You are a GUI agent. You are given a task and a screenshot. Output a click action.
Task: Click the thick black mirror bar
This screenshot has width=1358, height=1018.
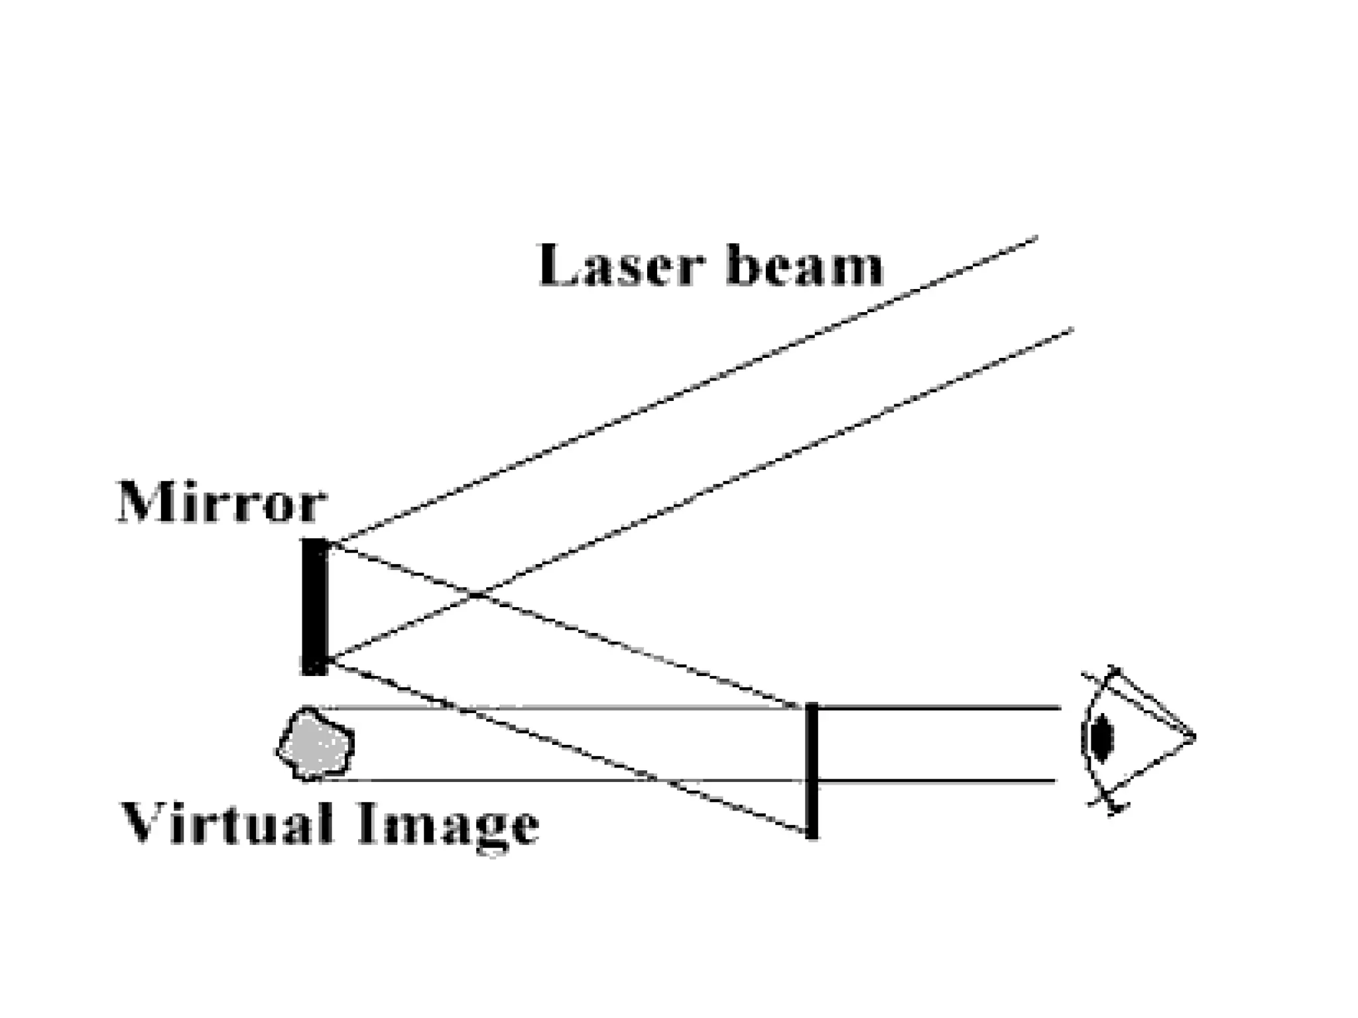pyautogui.click(x=315, y=606)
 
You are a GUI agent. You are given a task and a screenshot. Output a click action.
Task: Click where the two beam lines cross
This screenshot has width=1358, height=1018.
pyautogui.click(x=476, y=595)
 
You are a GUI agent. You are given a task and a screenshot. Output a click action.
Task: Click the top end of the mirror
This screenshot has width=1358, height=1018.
pyautogui.click(x=315, y=541)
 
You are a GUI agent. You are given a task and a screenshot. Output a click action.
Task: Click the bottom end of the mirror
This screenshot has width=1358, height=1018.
pyautogui.click(x=315, y=672)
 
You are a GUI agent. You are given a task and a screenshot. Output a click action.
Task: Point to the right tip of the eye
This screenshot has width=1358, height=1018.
pyautogui.click(x=1194, y=736)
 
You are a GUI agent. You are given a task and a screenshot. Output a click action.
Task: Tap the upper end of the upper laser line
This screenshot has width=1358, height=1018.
pyautogui.click(x=1036, y=237)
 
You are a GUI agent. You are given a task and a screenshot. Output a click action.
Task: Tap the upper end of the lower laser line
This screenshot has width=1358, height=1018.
pyautogui.click(x=1072, y=329)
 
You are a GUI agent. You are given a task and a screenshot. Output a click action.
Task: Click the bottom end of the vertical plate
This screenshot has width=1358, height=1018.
pyautogui.click(x=812, y=836)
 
